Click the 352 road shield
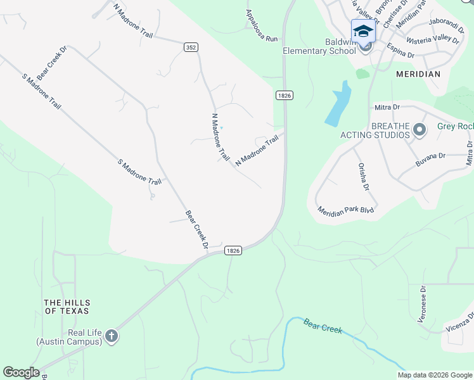click(190, 47)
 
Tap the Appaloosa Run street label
click(262, 26)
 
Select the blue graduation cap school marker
click(363, 31)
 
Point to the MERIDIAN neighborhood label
click(418, 74)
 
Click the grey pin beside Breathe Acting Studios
click(419, 130)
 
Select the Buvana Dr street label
click(431, 159)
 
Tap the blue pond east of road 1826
click(338, 104)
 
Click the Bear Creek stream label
click(323, 326)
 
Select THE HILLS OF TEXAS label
click(66, 307)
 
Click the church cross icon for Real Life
click(112, 336)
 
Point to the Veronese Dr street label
click(423, 304)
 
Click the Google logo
click(21, 372)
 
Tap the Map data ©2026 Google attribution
click(434, 375)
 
